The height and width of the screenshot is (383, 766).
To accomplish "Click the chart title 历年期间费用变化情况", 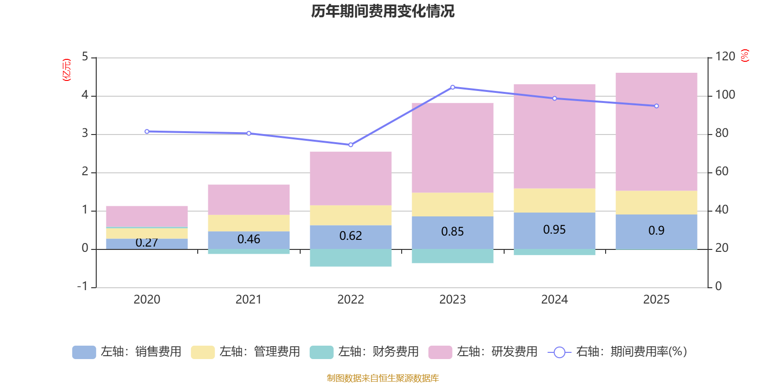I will point(383,11).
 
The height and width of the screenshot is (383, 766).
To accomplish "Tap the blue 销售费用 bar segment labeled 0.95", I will point(554,230).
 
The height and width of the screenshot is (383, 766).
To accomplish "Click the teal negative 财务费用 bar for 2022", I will point(350,258).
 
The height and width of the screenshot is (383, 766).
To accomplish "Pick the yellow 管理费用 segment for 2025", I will point(656,203).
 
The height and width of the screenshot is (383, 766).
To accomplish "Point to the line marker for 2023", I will point(452,87).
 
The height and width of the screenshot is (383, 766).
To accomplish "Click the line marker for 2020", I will point(146,131).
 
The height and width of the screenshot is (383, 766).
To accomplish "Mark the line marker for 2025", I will point(656,106).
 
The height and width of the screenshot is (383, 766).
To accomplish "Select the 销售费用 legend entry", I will point(127,352).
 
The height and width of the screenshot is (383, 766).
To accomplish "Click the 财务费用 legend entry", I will point(364,352).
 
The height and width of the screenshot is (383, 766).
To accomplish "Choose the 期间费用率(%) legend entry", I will point(618,352).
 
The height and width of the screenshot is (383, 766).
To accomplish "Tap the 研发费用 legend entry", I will point(483,352).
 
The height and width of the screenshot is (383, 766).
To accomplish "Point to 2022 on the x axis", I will point(350,299).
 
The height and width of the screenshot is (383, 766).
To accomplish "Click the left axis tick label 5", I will point(85,57).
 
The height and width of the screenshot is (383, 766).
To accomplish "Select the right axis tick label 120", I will point(725,57).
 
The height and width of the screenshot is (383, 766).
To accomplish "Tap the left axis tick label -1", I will point(83,286).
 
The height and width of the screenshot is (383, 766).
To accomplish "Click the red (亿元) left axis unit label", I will point(67,70).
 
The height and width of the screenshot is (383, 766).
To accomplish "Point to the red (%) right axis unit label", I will point(744,56).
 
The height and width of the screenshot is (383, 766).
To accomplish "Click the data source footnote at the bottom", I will point(383,378).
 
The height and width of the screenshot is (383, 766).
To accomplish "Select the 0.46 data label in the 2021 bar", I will point(248,239).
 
